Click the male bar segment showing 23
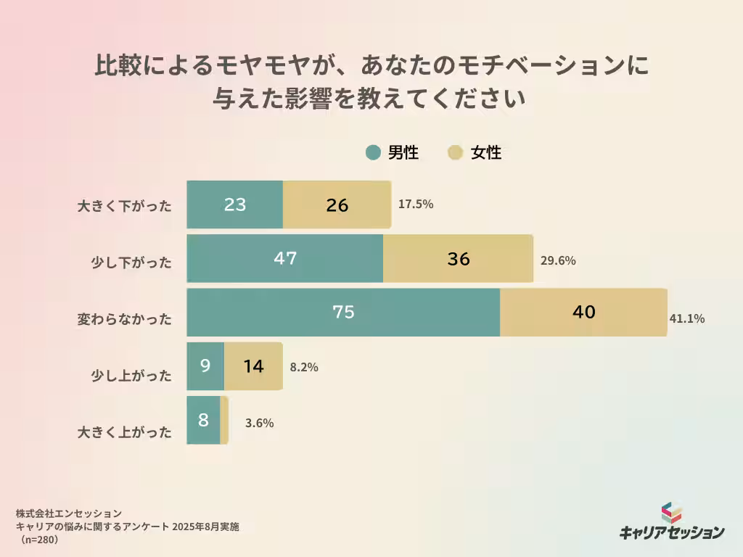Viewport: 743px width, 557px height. click(234, 205)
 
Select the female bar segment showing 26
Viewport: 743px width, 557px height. click(337, 205)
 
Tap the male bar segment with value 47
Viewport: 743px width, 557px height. click(284, 258)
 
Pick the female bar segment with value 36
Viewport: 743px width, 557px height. click(458, 258)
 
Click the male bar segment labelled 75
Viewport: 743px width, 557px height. click(343, 312)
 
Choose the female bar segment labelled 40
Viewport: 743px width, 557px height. click(583, 312)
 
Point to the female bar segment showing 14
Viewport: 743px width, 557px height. click(253, 366)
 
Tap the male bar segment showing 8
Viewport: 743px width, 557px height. click(203, 420)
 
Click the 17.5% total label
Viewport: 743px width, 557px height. click(416, 205)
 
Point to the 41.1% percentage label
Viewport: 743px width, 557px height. click(687, 318)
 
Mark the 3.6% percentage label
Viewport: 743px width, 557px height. click(259, 424)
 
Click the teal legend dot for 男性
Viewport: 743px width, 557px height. click(373, 152)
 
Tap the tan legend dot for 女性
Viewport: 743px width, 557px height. click(455, 152)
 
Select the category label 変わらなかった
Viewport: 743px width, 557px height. click(125, 319)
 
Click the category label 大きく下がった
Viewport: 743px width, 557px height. click(125, 206)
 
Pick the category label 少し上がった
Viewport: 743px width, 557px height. click(131, 376)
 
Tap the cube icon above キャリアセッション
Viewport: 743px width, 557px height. click(671, 513)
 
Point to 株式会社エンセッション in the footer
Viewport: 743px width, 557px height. click(69, 513)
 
